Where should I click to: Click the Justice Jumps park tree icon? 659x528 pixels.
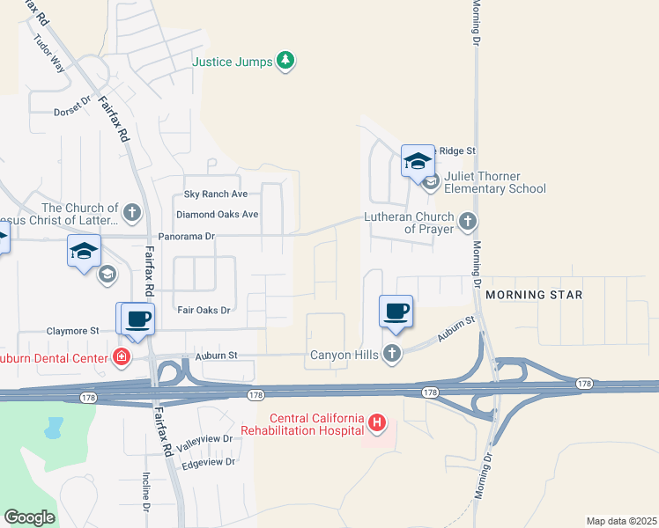point(285,61)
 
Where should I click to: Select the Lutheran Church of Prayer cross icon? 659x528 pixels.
point(469,219)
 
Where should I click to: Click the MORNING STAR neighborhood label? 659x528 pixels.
point(534,295)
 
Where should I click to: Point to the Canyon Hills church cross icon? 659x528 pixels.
point(392,355)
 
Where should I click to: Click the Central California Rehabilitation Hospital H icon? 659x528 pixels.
point(377,423)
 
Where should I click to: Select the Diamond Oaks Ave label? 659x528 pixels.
point(217,215)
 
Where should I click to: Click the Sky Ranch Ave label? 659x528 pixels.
point(216,194)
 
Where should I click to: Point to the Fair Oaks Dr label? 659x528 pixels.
point(204,310)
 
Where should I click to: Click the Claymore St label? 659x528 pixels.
point(71,331)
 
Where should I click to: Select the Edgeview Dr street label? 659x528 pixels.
point(207,461)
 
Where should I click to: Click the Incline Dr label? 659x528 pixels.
point(146,493)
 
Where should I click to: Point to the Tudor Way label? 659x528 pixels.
point(49,52)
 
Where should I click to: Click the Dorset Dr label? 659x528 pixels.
point(72,105)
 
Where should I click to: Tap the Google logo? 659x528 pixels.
point(30,517)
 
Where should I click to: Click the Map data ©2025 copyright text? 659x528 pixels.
point(620,521)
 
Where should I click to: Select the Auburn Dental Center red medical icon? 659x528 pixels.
point(121,357)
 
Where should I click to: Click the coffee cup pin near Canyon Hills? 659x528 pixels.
point(396,312)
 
